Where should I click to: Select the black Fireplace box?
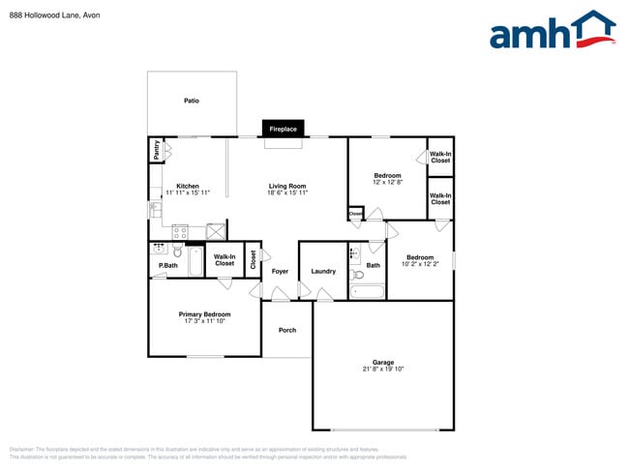coord(283,129)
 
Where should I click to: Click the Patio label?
coord(192,101)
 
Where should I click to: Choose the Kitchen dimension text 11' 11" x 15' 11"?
coord(187,193)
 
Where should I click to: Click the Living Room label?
coord(287,186)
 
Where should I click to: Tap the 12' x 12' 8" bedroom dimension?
coord(387,182)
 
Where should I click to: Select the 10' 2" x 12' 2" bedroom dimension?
coord(420,264)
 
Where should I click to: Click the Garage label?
coord(383,362)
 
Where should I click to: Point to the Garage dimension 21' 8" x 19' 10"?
coord(383,369)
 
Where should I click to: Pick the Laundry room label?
coord(324,271)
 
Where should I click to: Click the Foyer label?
coord(280,271)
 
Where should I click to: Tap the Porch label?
coord(287,331)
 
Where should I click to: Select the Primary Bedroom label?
coord(204,313)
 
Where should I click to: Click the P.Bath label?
coord(168,265)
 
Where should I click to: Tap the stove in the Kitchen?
coord(180,230)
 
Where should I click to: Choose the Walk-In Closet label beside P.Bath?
coord(225,259)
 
